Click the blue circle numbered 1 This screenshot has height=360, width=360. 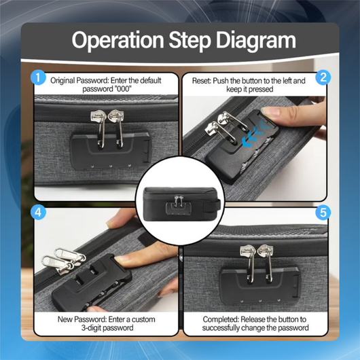coord(38,77)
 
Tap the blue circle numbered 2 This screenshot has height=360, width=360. coord(323,77)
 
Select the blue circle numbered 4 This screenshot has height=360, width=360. coord(38,212)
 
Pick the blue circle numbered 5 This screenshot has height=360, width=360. coord(323,212)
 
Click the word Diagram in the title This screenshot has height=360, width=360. coord(256,41)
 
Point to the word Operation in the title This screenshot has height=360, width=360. coord(118,40)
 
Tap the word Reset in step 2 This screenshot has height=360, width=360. coord(201,81)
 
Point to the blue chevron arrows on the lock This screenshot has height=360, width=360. coord(255,135)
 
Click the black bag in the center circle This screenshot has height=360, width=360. coord(181,204)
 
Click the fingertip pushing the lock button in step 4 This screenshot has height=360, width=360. coord(125,260)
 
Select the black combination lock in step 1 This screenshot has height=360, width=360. coord(111,150)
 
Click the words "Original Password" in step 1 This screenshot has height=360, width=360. coord(79,81)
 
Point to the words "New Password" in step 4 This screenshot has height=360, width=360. coord(82,319)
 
